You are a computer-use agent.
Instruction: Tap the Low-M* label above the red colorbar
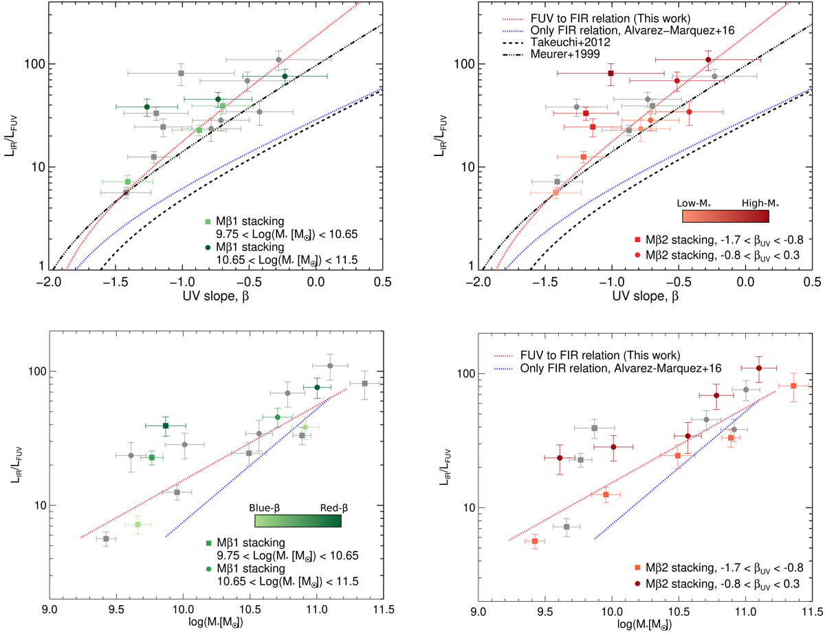tap(696, 204)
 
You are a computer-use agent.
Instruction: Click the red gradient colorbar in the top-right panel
tap(725, 216)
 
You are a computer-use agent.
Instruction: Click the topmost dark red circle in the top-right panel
tap(708, 60)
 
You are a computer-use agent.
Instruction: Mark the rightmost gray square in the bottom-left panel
tap(364, 383)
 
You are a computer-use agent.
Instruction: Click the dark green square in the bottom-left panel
tap(166, 426)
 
